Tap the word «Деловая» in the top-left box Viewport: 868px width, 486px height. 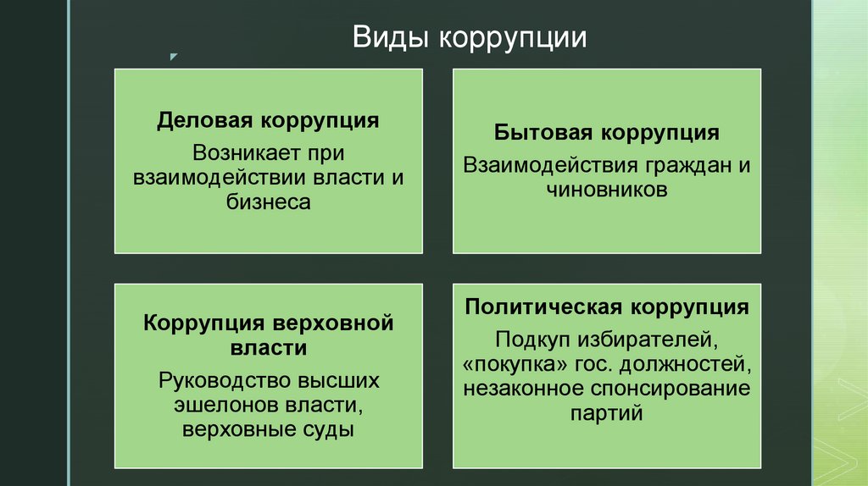pos(204,119)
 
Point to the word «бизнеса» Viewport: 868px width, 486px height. pos(269,202)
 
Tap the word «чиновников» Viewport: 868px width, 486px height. pos(607,190)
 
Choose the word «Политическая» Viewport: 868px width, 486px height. pos(543,306)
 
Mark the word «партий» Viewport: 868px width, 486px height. pos(607,414)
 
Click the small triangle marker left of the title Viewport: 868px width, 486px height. pos(173,58)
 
